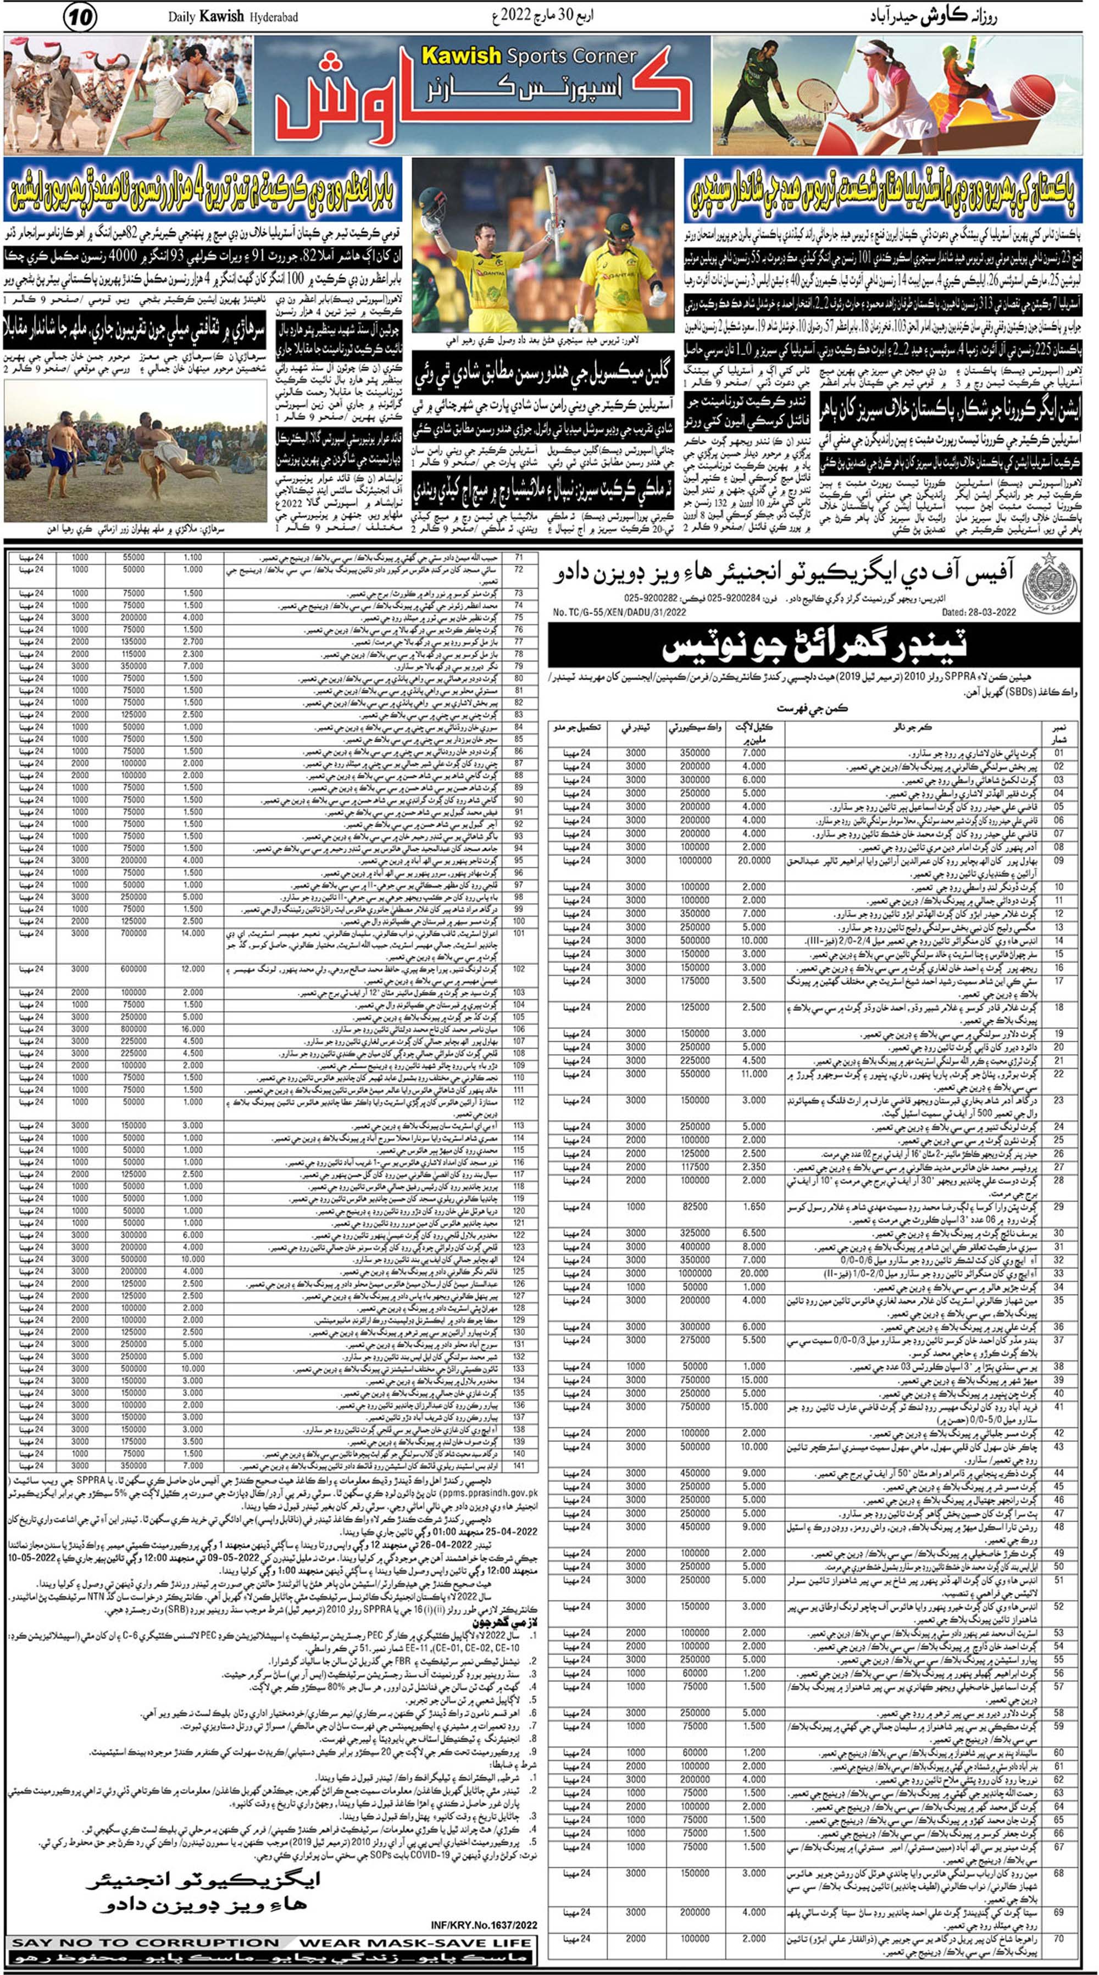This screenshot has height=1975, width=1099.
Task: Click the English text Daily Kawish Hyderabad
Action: (x=232, y=16)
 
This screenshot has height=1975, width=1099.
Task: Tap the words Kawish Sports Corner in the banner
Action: (x=529, y=56)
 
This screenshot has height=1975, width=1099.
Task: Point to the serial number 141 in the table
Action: (x=519, y=1465)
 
